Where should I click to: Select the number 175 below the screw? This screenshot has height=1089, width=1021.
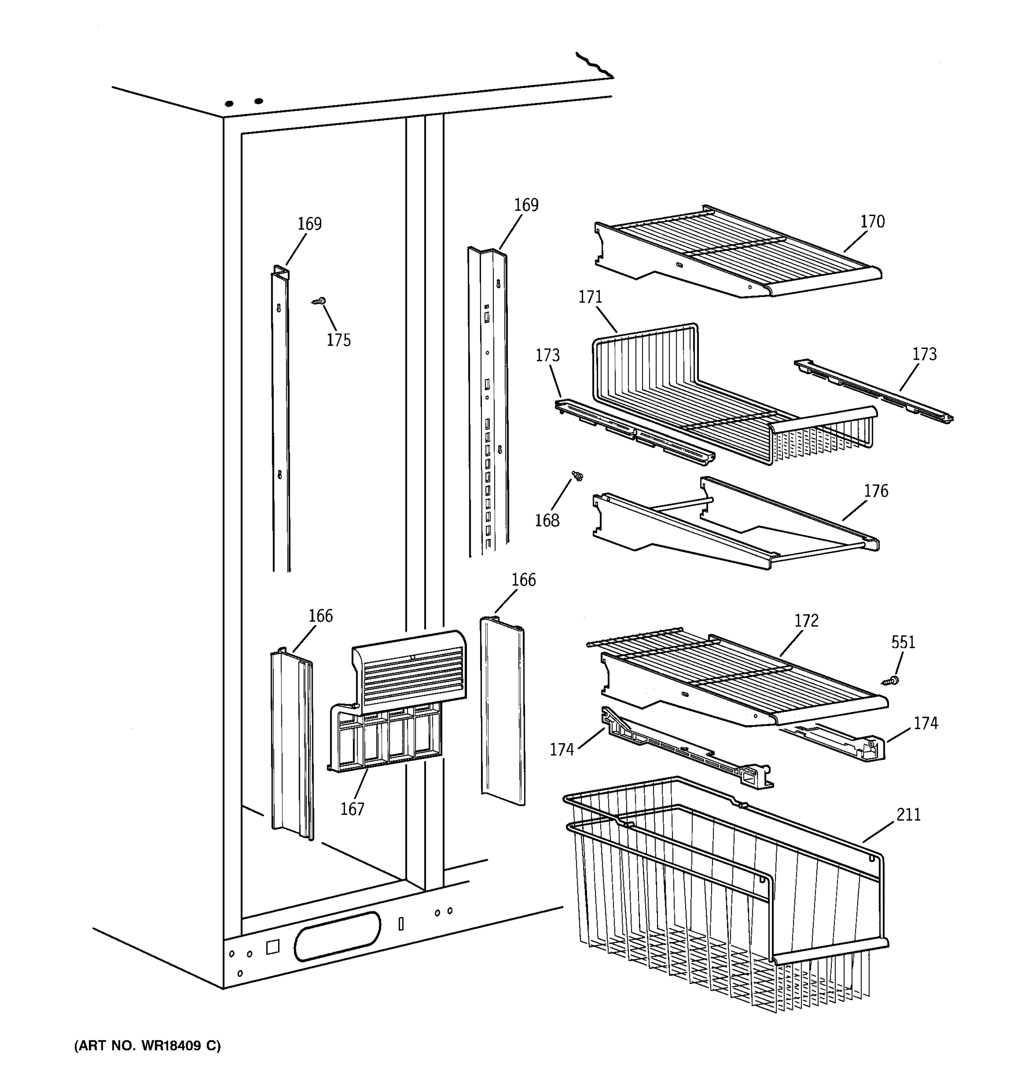(339, 340)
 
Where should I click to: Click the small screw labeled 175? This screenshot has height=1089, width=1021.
(319, 301)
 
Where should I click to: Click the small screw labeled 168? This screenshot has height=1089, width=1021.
(577, 476)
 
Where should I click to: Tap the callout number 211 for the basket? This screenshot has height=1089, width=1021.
(908, 815)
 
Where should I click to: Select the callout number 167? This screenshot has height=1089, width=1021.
(352, 809)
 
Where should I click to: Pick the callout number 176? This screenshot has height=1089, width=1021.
(875, 491)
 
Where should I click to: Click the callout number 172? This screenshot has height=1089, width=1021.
(806, 621)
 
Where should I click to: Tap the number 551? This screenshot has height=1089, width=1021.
(903, 642)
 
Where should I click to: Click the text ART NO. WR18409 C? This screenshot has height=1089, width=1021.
(147, 1046)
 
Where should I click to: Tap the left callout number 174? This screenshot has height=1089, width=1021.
(561, 750)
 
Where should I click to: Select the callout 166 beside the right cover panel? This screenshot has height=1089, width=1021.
(523, 580)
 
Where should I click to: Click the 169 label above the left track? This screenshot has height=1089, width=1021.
(309, 224)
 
